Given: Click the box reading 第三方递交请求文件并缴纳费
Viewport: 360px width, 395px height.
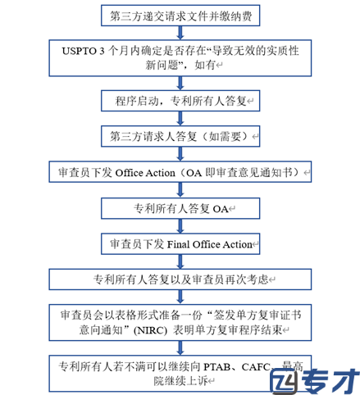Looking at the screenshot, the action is pos(180,16).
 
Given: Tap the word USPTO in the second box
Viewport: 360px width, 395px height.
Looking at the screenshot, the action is pos(80,51).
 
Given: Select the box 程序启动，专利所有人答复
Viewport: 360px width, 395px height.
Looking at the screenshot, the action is pos(180,101).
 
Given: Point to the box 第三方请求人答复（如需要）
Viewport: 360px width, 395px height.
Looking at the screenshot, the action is pos(180,136).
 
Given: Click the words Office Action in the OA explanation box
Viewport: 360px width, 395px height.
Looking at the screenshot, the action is pos(145,173).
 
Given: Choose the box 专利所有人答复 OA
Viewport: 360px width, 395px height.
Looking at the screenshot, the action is pos(180,208).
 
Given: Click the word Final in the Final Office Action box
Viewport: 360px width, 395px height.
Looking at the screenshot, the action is pos(179,244).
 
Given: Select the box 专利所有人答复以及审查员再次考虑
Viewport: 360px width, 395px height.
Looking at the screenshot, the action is pos(180,279).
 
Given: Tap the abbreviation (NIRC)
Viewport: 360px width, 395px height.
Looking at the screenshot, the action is pos(150,330).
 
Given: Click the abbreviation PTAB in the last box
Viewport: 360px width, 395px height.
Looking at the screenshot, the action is pos(216,366).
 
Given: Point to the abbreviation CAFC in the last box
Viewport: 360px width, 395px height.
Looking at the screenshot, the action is pos(256,366).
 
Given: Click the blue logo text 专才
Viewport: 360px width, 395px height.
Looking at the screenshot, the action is pos(330,381).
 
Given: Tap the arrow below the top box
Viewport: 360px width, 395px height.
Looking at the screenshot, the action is pos(180,33).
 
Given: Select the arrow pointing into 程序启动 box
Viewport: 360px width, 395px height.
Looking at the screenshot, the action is pos(180,84).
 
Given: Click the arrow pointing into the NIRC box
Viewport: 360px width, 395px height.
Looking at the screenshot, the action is pos(180,297).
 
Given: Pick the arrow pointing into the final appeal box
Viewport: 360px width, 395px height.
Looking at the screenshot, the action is pos(180,348).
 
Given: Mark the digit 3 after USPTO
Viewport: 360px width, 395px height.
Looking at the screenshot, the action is pos(102,51).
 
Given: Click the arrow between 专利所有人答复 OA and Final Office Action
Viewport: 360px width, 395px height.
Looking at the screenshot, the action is pos(180,226).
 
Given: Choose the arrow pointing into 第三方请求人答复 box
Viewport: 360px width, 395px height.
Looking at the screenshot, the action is pos(180,119).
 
